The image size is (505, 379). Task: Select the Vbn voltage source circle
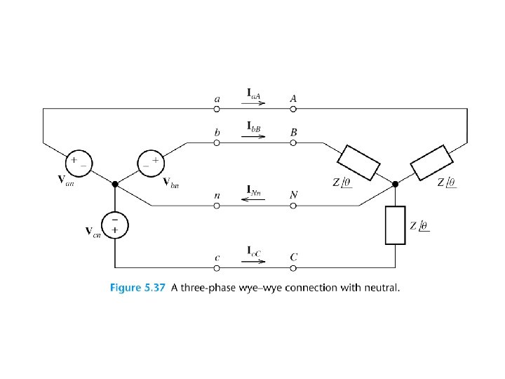pos(150,162)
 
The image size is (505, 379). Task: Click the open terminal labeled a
pos(217,108)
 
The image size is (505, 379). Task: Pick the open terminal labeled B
pos(293,142)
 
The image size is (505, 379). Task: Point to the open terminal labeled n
pos(217,206)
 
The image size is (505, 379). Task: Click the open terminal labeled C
pos(293,267)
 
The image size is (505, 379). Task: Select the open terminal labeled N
pos(293,206)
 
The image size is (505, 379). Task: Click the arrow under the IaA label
pos(255,102)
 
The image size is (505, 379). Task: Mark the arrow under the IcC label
pos(255,262)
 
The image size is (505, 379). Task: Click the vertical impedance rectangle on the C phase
pos(396,225)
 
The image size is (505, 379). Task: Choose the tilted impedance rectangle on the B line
pos(359,161)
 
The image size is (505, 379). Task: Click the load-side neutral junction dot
pos(396,185)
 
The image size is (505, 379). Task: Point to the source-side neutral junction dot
pos(114,185)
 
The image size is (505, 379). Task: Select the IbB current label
pos(254,127)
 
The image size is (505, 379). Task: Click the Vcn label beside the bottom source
pos(93,232)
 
